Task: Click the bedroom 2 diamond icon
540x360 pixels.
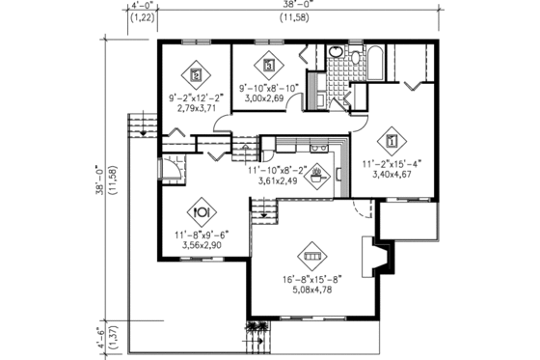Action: [197, 72]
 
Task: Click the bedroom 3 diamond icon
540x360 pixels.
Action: [269, 67]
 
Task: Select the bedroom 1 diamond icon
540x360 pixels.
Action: [390, 135]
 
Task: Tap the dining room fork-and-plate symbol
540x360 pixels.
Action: [203, 209]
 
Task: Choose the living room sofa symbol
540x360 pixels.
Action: [311, 257]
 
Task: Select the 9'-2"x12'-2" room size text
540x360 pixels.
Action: [197, 97]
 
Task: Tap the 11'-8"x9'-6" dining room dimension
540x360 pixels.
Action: [203, 235]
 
